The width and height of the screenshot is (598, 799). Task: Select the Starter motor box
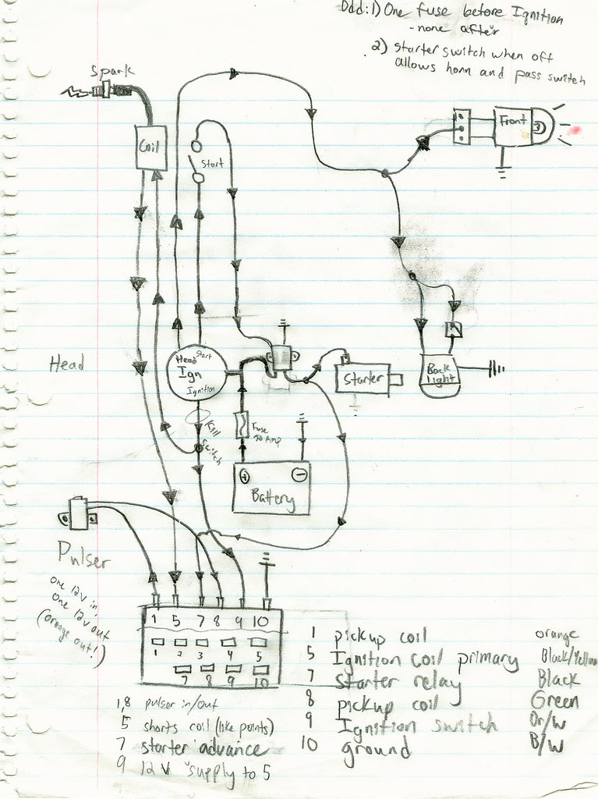pyautogui.click(x=364, y=378)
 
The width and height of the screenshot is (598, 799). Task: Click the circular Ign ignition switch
pyautogui.click(x=197, y=374)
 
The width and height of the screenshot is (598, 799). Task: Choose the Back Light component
pyautogui.click(x=440, y=373)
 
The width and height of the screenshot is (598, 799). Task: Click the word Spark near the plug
pyautogui.click(x=112, y=71)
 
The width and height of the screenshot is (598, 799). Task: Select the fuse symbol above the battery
pyautogui.click(x=243, y=427)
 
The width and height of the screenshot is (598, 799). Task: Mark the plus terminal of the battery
pyautogui.click(x=245, y=475)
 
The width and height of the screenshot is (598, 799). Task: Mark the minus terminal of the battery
pyautogui.click(x=297, y=474)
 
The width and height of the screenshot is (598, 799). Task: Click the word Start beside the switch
pyautogui.click(x=212, y=165)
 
